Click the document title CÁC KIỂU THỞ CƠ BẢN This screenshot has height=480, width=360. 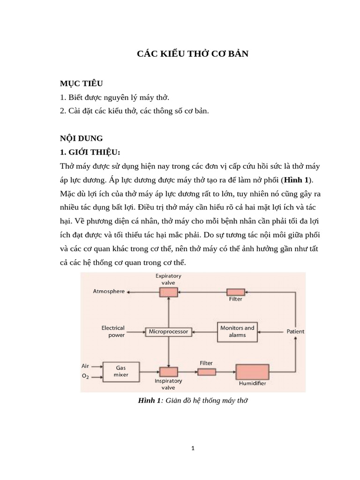tap(193, 54)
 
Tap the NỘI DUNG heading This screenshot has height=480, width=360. tap(81, 138)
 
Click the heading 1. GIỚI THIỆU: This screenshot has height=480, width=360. tap(90, 152)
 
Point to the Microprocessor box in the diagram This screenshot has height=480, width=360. tap(168, 331)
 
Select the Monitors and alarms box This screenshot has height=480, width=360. tap(237, 331)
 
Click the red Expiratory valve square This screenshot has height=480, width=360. tap(168, 292)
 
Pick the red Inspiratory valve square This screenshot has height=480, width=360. tap(168, 372)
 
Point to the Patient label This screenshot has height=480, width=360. tap(295, 331)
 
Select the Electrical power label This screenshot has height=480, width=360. tap(113, 331)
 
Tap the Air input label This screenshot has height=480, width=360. tap(85, 366)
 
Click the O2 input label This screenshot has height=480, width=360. tap(85, 376)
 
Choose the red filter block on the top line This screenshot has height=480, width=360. tap(236, 291)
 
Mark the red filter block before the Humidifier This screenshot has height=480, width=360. tap(206, 372)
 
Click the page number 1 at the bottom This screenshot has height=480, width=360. tap(193, 448)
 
